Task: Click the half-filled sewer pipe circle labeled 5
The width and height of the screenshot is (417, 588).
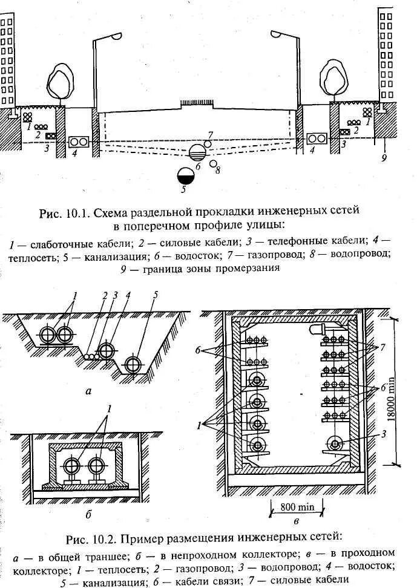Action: pos(186,175)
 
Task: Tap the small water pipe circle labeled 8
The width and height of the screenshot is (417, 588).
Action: pos(213,163)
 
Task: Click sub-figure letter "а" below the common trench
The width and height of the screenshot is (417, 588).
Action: pos(88,391)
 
